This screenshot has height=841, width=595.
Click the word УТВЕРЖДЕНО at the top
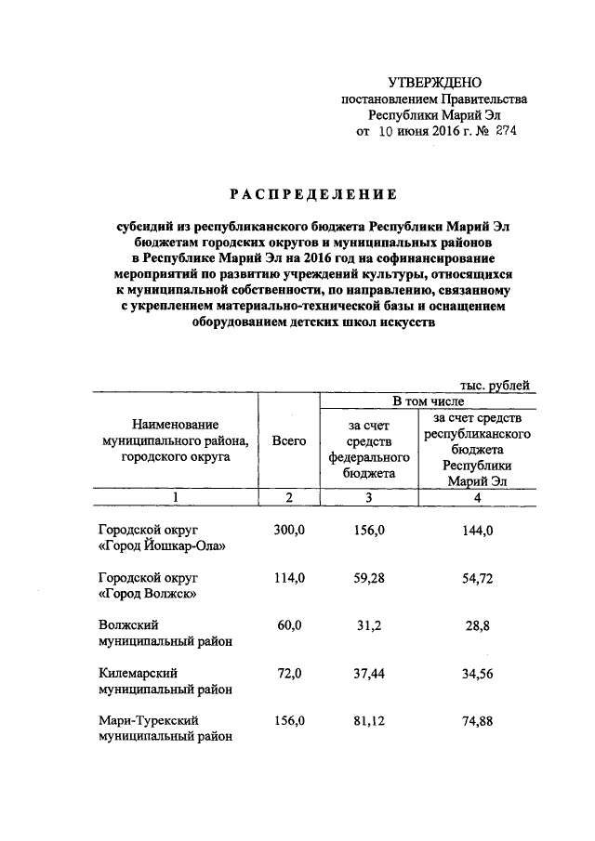[435, 84]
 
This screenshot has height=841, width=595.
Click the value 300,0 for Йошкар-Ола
[289, 529]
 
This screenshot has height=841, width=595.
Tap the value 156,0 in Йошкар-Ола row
[369, 529]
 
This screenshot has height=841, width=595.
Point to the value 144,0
[477, 529]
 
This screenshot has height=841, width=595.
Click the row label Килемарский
[139, 672]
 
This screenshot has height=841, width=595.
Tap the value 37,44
[369, 672]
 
